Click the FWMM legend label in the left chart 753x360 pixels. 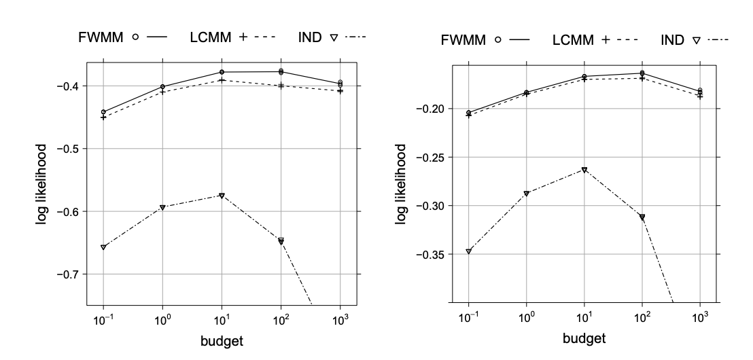[x=99, y=36]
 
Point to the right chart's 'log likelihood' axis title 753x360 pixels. [x=402, y=183]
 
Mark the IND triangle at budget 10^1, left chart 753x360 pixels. [x=222, y=196]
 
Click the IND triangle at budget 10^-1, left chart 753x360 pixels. [x=103, y=247]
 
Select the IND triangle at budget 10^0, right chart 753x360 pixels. [x=526, y=194]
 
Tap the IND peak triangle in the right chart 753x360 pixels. [x=584, y=170]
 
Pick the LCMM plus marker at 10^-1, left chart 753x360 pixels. [x=103, y=118]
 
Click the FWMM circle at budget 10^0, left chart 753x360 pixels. [x=162, y=87]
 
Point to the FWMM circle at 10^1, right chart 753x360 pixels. [x=584, y=77]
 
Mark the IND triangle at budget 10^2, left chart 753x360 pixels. [x=281, y=240]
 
